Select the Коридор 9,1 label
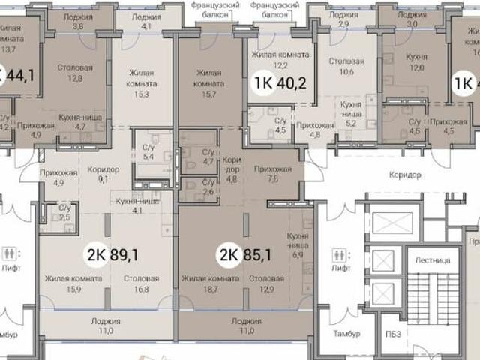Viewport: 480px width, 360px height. click(x=104, y=174)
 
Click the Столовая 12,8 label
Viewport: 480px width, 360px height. click(x=75, y=72)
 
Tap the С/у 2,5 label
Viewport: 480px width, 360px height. click(x=65, y=212)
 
